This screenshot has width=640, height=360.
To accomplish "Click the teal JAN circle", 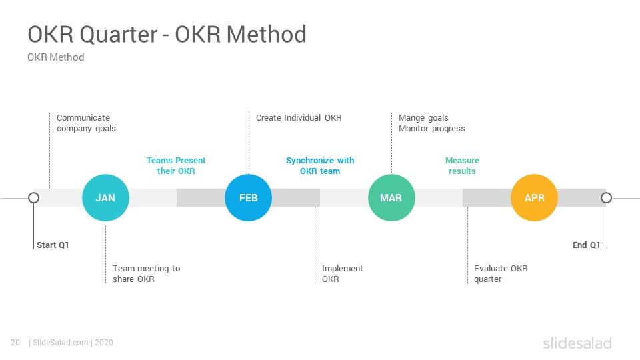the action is (105, 197).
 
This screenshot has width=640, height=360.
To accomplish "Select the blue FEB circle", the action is (248, 197).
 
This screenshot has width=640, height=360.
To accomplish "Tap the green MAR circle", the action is (391, 197).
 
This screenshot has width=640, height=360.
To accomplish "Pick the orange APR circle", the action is (534, 197).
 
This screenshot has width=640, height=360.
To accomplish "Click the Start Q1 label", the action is (53, 245).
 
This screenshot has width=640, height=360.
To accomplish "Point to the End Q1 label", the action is (586, 245).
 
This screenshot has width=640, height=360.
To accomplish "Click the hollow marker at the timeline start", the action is (34, 198).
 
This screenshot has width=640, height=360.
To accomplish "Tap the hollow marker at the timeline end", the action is (607, 198).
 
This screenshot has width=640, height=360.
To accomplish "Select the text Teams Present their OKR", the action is (176, 166).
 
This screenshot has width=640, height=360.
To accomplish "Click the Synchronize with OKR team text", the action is (320, 166).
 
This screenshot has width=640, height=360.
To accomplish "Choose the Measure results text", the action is (462, 166).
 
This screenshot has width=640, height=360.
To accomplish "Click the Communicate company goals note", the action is (86, 123).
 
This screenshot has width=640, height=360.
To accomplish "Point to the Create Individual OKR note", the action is (299, 118).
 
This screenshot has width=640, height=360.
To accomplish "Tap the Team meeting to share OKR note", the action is (147, 274).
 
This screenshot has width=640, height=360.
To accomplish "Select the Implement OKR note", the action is (343, 274).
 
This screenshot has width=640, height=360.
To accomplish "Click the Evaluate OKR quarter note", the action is (501, 274).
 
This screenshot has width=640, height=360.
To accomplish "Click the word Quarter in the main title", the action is (119, 34).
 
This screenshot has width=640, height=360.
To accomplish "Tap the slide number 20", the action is (15, 343).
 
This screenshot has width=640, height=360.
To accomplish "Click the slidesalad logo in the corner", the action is (577, 343).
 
